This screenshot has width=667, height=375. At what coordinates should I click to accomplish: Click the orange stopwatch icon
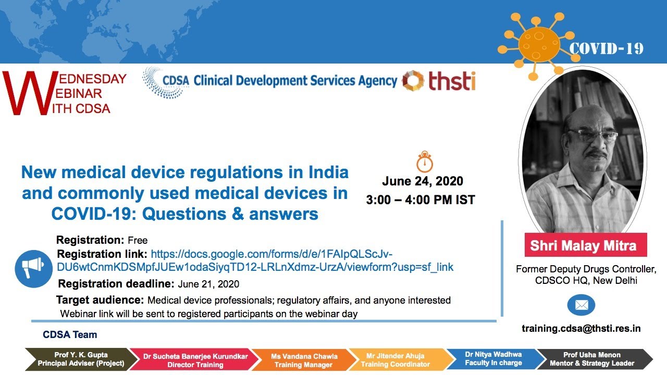(425, 162)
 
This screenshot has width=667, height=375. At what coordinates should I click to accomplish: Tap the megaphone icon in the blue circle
(34, 268)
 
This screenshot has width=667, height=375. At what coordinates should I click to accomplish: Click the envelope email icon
(581, 305)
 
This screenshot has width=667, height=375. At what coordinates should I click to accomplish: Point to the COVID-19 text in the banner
(606, 49)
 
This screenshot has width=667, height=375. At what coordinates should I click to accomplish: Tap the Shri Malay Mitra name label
(583, 245)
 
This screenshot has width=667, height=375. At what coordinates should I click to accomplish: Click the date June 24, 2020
(423, 181)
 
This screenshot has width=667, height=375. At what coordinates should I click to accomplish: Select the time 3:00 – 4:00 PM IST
(421, 199)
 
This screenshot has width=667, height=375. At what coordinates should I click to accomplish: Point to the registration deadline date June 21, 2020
(208, 284)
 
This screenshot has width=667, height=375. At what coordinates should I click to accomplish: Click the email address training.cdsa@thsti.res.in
(581, 329)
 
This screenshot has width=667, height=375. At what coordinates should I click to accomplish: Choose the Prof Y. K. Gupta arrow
(79, 359)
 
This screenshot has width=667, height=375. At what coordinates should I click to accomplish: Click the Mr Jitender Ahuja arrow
(396, 359)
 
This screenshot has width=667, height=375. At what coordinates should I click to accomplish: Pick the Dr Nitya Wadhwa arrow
(492, 359)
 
